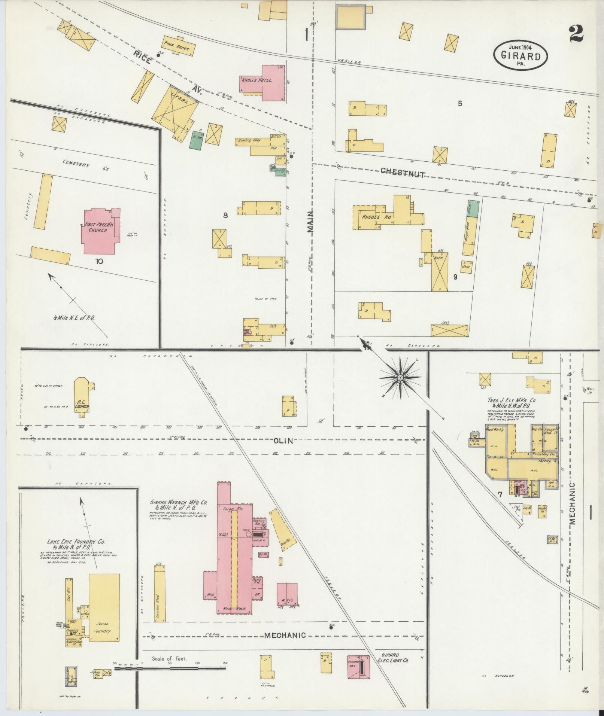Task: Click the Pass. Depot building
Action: point(179,47)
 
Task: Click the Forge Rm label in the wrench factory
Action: point(233,509)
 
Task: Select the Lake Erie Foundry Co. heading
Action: point(76,542)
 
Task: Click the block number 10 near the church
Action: point(99,261)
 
